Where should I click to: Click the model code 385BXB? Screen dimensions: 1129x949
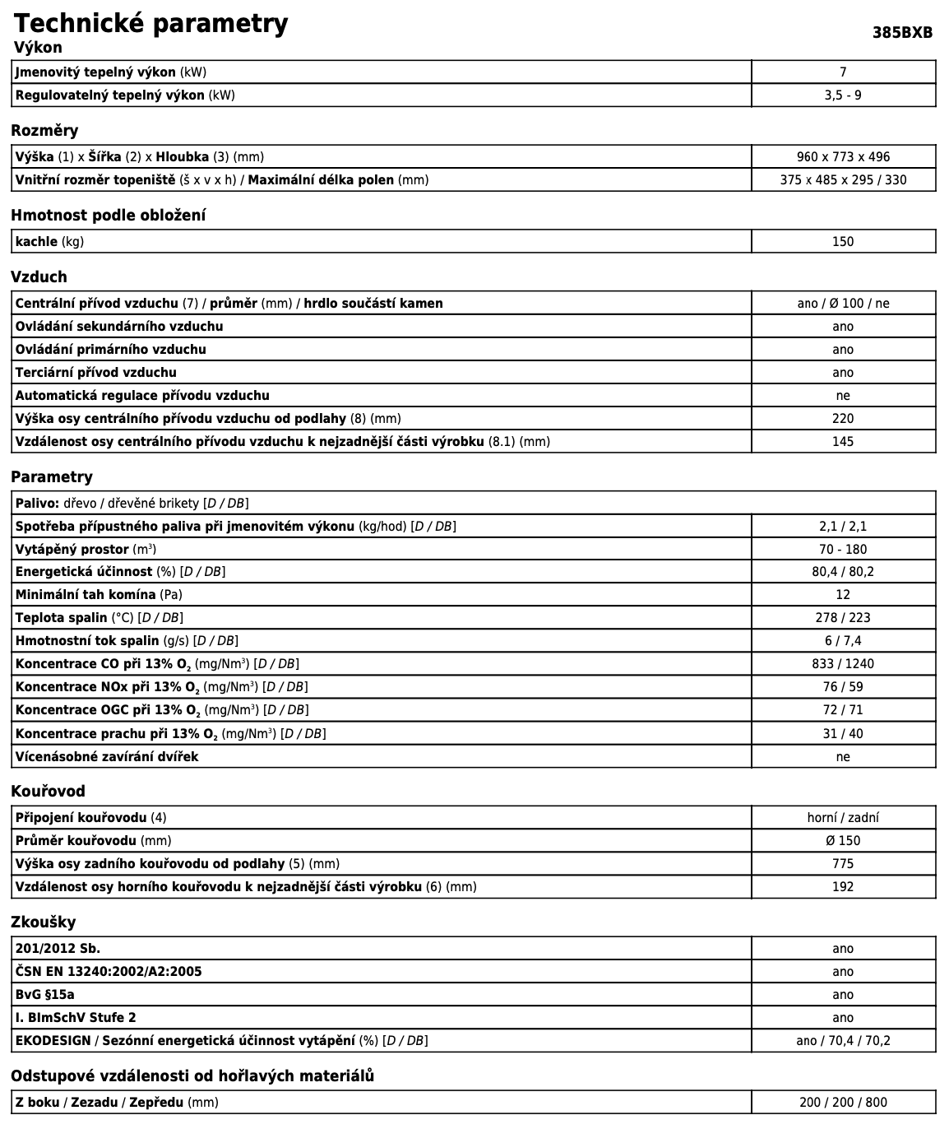(x=902, y=33)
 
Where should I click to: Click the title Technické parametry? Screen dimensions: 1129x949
(x=150, y=23)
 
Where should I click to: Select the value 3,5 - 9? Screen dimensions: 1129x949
(x=843, y=95)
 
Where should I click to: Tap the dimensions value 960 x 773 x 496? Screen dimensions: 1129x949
(x=843, y=157)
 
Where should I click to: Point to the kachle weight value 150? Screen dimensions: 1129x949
(x=843, y=242)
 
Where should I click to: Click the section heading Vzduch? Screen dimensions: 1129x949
(x=39, y=276)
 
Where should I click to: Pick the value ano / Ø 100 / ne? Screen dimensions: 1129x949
(x=843, y=304)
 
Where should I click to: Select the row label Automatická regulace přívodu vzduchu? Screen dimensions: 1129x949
(x=142, y=396)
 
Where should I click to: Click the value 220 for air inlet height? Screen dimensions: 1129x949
(x=843, y=419)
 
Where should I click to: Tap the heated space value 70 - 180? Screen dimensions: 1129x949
(x=843, y=550)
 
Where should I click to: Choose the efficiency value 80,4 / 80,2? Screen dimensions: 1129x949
(x=843, y=572)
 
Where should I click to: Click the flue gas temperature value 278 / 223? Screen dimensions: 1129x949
(x=843, y=618)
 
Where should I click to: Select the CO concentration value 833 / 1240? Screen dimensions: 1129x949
(x=843, y=664)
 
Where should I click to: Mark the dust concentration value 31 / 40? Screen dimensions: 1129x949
(x=843, y=734)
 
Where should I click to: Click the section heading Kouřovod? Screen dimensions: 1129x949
(x=48, y=791)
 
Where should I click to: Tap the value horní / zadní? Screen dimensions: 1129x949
(x=843, y=818)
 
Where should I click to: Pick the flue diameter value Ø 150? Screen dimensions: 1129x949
(x=843, y=841)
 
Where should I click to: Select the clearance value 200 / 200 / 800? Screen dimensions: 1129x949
(x=843, y=1103)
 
